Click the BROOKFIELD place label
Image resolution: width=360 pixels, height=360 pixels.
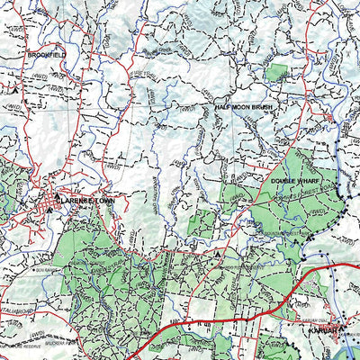tap(47, 54)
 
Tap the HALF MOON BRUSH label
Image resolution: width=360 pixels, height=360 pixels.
tap(243, 107)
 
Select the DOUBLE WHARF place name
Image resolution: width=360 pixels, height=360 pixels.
tap(292, 181)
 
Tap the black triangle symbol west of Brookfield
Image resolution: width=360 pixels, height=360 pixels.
tap(14, 89)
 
